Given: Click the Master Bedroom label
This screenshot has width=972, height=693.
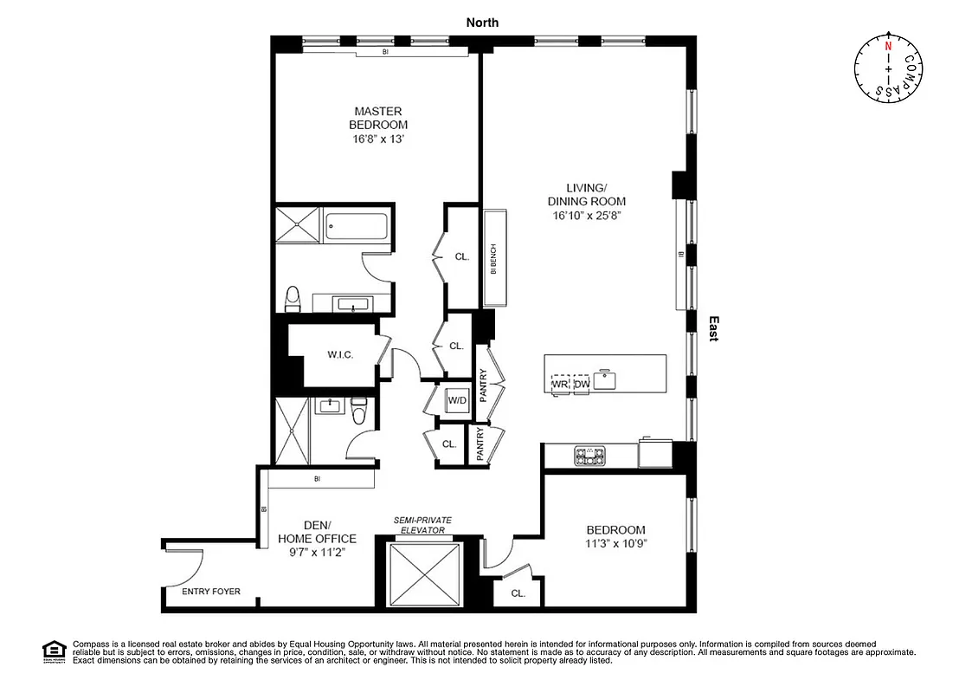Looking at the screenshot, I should point(377,118).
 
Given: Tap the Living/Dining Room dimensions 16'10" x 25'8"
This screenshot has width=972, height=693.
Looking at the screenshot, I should point(585,215).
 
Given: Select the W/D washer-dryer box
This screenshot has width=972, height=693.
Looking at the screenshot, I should point(457,400).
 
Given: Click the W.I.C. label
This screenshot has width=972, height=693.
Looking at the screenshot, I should point(338,354).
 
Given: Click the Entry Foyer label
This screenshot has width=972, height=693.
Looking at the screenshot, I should point(211,593).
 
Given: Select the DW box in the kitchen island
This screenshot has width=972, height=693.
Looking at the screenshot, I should point(581,383).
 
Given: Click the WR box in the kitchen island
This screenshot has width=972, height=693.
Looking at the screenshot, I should point(560,383).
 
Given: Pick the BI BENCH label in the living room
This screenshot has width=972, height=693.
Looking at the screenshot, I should point(493,259).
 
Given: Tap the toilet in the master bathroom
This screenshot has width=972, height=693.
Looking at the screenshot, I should point(293,299).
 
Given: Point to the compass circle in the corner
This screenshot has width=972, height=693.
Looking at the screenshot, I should point(886,68).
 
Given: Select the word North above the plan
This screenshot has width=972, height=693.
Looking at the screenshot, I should point(482,23).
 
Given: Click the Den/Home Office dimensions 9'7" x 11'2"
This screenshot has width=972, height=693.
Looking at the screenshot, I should point(317,551).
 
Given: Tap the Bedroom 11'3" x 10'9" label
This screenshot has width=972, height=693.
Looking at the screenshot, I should point(616,536).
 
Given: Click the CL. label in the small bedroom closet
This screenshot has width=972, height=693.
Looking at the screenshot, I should point(518,593).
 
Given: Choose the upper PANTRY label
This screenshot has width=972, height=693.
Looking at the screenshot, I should point(483,382).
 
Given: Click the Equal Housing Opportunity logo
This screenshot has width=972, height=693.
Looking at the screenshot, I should point(54,651).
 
